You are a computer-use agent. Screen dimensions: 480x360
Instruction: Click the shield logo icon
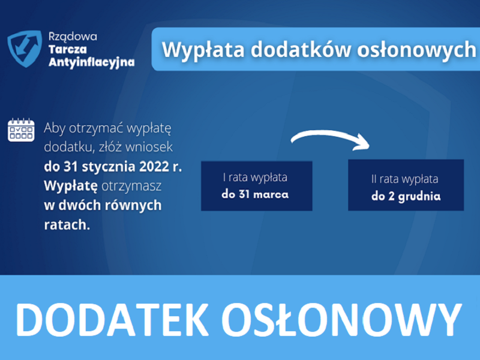pos(25,49)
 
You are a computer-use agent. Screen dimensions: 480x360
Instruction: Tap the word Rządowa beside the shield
pos(73,37)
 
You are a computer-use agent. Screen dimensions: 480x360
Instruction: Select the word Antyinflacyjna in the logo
pos(92,62)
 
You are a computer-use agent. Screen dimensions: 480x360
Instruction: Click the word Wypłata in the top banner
pos(203,50)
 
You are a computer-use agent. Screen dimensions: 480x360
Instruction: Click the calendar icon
pos(21,130)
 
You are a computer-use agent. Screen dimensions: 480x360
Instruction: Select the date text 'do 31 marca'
pos(255,194)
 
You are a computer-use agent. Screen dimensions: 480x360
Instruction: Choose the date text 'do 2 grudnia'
pos(406,196)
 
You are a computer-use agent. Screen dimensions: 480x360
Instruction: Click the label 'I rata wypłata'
pos(255,178)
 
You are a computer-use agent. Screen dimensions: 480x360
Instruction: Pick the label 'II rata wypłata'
pos(404,179)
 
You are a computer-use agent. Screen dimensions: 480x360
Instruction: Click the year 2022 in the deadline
pos(154,167)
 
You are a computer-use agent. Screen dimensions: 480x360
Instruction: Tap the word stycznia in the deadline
pos(109,167)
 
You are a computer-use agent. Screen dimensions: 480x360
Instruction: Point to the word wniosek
pos(149,147)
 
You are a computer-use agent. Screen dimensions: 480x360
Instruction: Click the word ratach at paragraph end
pos(67,225)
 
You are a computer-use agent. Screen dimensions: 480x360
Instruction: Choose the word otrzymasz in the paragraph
pos(131,187)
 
